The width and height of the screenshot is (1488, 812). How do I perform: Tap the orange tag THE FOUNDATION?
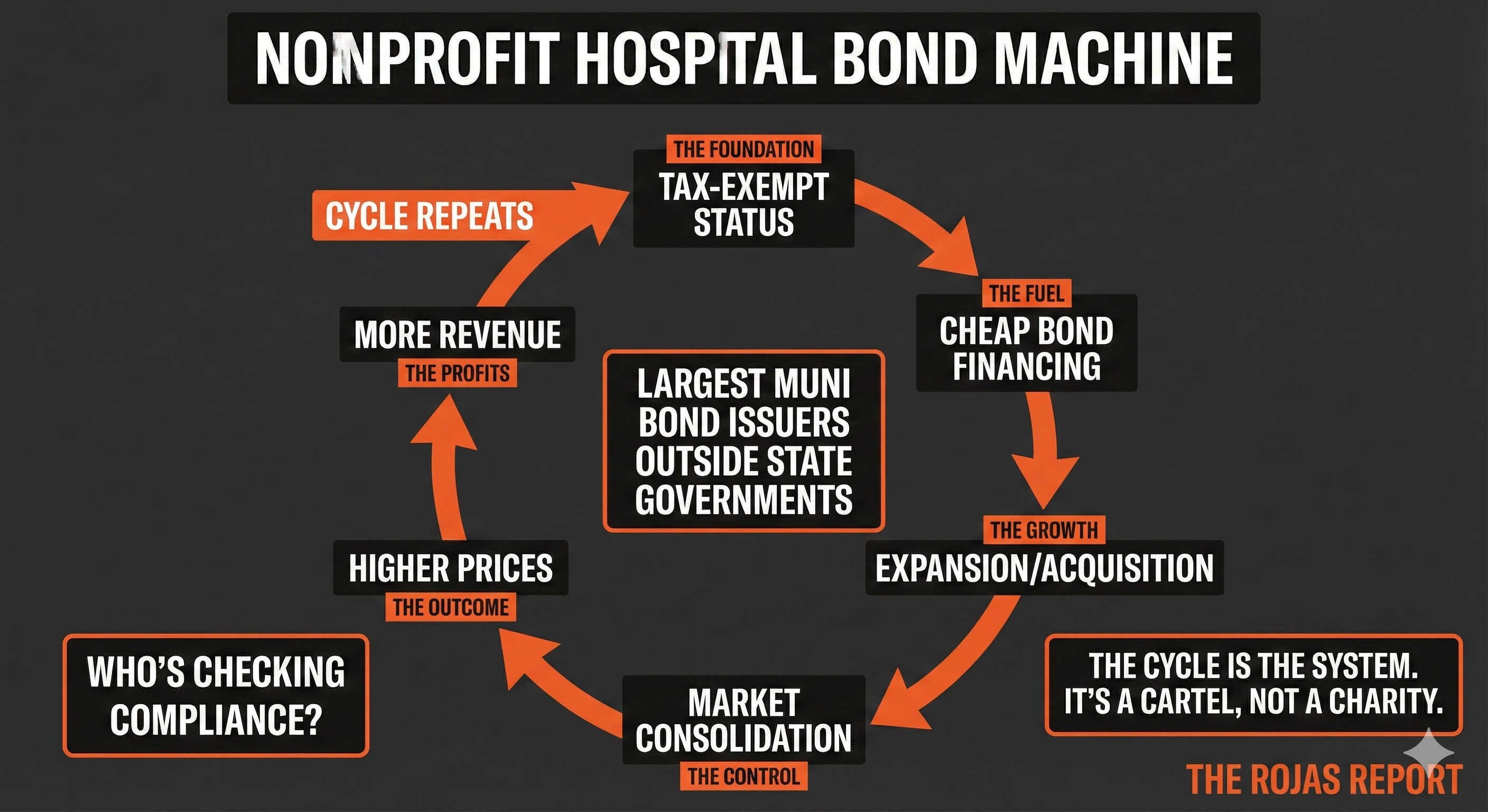click(743, 150)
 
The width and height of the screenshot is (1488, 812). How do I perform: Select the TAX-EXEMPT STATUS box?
click(743, 205)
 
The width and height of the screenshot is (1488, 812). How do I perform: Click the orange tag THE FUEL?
click(1027, 293)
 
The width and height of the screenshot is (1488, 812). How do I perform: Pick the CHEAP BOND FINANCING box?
click(1027, 349)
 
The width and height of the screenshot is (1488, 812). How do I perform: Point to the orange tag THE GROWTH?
click(1044, 530)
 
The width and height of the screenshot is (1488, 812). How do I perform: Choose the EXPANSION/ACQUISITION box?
click(1044, 568)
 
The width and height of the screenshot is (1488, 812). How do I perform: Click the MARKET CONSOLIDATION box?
click(743, 720)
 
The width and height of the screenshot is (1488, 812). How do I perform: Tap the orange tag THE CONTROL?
click(743, 776)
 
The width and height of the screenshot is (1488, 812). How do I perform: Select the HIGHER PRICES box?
click(451, 568)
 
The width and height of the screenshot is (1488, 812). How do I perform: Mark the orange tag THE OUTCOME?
click(451, 607)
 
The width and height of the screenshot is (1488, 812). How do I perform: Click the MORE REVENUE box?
click(457, 335)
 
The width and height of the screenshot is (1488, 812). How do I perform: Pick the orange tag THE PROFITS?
click(457, 373)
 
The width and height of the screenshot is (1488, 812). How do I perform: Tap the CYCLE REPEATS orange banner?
click(429, 216)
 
